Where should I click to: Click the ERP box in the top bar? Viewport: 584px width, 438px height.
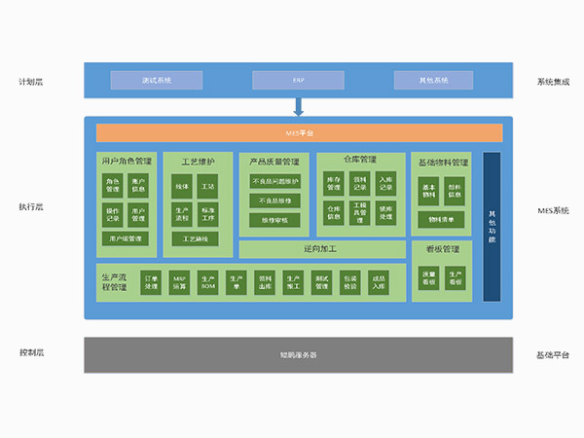click(x=298, y=80)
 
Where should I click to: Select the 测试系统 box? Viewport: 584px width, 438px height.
click(x=156, y=80)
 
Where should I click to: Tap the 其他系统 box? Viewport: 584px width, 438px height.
click(x=434, y=80)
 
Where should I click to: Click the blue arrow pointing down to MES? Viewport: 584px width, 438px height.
click(x=298, y=106)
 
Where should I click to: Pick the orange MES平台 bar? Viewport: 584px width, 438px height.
click(x=297, y=132)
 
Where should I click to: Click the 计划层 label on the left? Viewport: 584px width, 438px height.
click(x=32, y=82)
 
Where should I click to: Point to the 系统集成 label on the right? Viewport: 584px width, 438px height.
click(x=553, y=82)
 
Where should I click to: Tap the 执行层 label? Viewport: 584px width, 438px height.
click(x=32, y=207)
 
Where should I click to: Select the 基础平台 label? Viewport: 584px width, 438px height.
click(x=553, y=353)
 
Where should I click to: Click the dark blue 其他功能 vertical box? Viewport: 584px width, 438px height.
click(x=492, y=226)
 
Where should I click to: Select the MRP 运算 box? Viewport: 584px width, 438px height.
click(x=179, y=282)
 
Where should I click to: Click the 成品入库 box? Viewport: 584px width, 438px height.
click(x=379, y=282)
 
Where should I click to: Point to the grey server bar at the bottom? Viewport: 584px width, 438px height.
click(x=298, y=354)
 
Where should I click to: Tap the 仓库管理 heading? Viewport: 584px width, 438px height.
click(x=360, y=158)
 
